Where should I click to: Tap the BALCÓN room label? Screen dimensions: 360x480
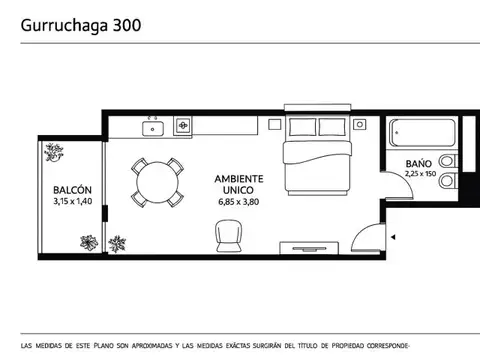72,190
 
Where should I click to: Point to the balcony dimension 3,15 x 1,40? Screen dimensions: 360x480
72,202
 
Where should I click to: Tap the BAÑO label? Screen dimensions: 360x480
419,163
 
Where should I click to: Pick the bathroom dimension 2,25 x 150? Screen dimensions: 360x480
420,174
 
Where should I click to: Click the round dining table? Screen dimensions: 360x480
158,182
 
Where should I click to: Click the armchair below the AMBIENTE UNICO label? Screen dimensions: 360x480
228,237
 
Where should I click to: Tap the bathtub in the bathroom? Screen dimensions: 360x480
420,133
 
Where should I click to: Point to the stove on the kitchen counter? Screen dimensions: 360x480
183,126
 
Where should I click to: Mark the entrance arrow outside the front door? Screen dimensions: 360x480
394,237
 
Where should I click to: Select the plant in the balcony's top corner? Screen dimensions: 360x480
54,152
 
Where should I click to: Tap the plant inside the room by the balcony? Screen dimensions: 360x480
118,243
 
